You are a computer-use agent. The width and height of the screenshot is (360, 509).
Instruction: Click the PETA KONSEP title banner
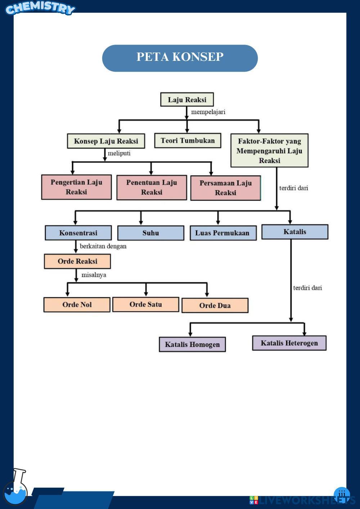click(x=180, y=58)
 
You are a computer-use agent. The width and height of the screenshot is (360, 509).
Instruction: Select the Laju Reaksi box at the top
click(x=187, y=99)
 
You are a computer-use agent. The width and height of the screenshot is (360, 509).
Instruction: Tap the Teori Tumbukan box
click(x=188, y=140)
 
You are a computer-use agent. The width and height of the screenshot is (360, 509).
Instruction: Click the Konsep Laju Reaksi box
click(x=106, y=141)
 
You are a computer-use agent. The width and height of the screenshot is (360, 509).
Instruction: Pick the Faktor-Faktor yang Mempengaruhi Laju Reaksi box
click(x=269, y=150)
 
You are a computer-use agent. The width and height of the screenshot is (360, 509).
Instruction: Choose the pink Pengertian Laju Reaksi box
click(x=76, y=187)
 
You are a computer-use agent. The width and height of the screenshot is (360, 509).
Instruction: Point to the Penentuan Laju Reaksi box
click(x=152, y=188)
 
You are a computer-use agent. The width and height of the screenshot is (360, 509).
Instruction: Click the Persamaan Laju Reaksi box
click(x=225, y=188)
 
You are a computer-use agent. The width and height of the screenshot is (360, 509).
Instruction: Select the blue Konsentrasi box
click(x=78, y=233)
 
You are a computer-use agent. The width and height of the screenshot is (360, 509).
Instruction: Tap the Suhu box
click(x=150, y=233)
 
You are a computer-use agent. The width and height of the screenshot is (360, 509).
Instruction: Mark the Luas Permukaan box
click(x=223, y=233)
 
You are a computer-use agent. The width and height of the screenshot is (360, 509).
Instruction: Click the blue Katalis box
click(x=294, y=232)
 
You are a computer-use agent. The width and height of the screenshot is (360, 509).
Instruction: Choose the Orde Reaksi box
click(x=77, y=261)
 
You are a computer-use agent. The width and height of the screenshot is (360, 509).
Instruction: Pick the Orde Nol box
click(x=77, y=305)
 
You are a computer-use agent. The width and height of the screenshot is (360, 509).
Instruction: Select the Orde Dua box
click(x=215, y=305)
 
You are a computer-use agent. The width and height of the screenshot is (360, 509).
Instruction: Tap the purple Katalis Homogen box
click(x=192, y=344)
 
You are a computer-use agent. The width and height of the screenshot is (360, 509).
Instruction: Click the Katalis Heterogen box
click(x=289, y=343)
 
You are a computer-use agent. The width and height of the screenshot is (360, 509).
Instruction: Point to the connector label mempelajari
click(x=208, y=112)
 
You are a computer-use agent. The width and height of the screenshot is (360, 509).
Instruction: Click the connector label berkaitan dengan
click(x=103, y=246)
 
